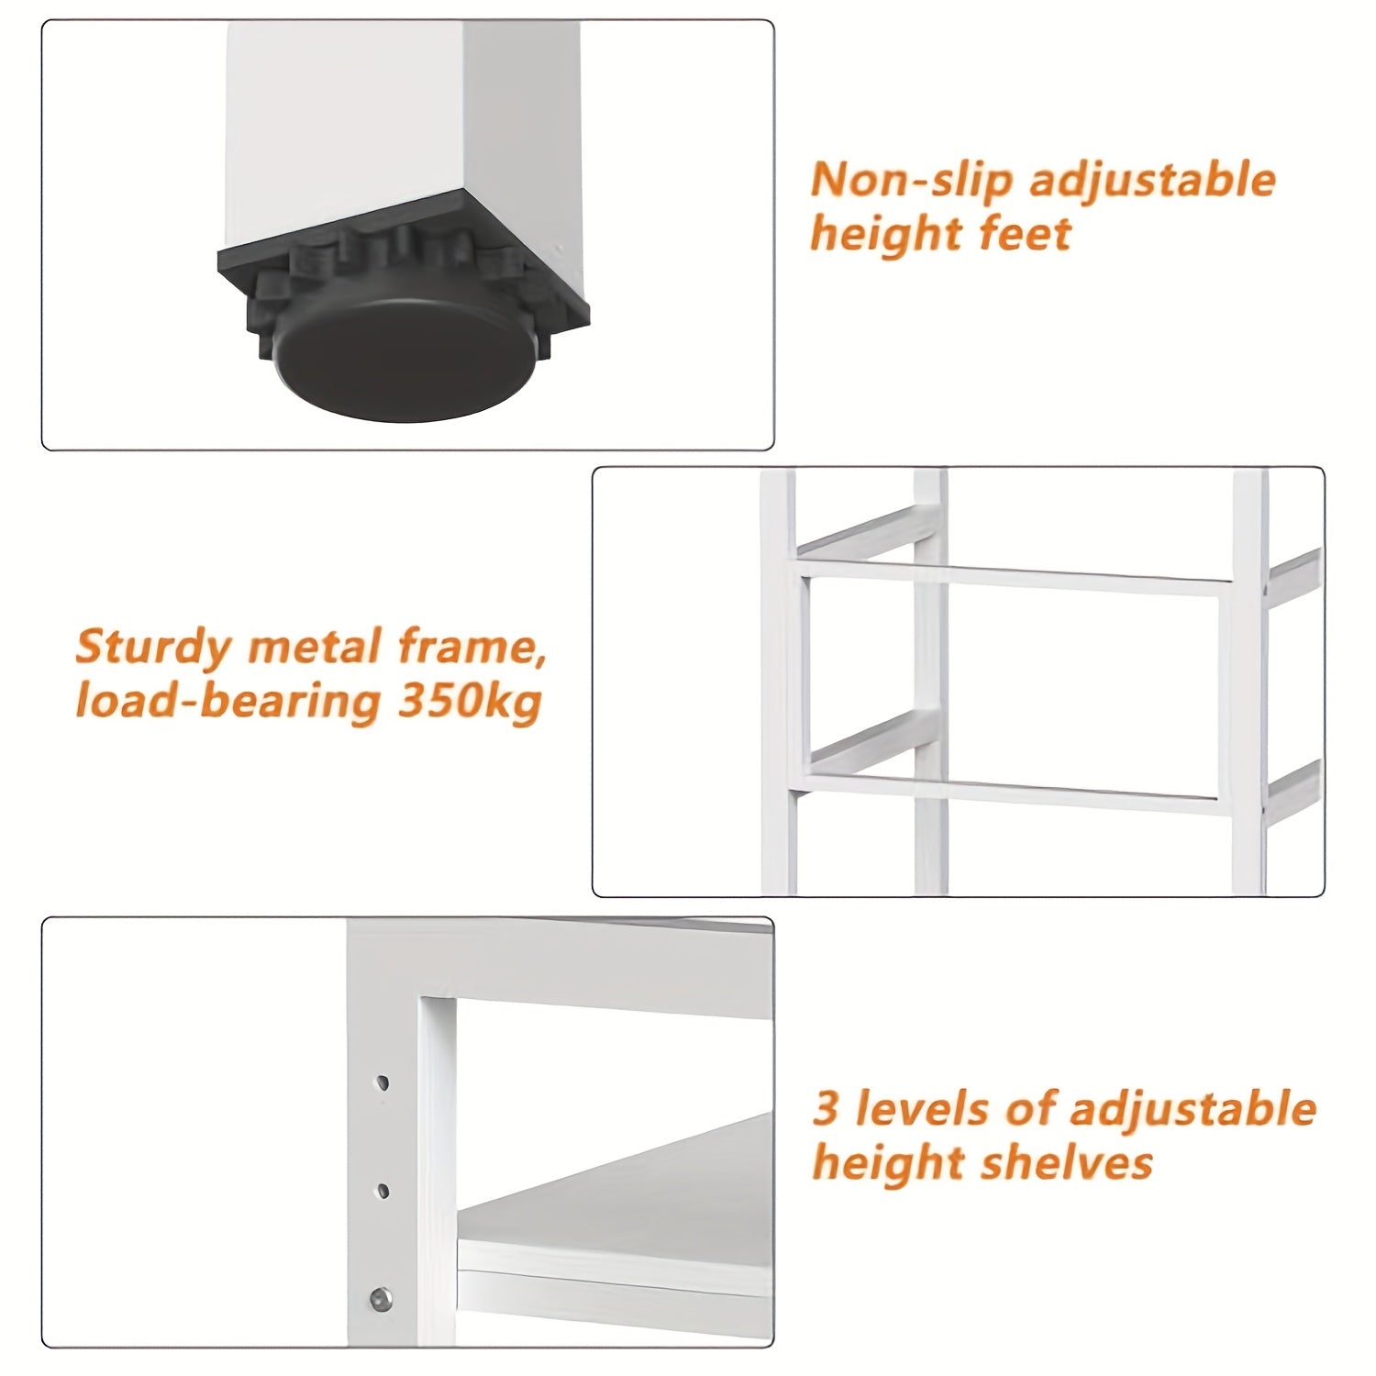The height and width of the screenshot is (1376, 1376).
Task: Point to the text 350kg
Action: [469, 702]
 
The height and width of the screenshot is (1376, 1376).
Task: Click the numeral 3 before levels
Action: [827, 1108]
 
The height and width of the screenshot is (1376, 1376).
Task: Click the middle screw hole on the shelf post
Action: [383, 1192]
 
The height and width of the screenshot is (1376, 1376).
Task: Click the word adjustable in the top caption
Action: [1153, 181]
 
